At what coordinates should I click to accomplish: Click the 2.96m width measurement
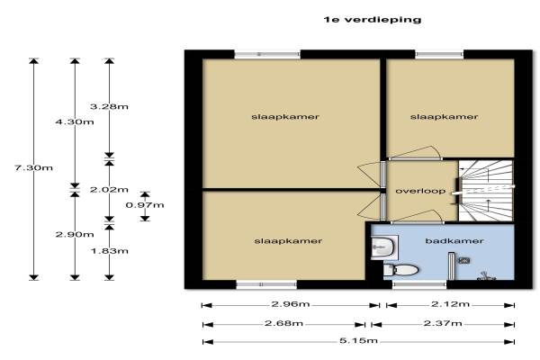click(x=285, y=305)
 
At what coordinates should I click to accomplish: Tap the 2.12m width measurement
click(x=450, y=305)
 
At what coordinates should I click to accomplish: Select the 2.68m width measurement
click(x=285, y=323)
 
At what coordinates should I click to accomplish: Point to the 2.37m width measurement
click(x=450, y=323)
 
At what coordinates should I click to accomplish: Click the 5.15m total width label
click(x=359, y=341)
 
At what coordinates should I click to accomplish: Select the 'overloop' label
click(x=415, y=191)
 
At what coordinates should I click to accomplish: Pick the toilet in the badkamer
click(x=402, y=269)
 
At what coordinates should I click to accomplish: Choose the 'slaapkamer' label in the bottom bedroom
click(x=288, y=240)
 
